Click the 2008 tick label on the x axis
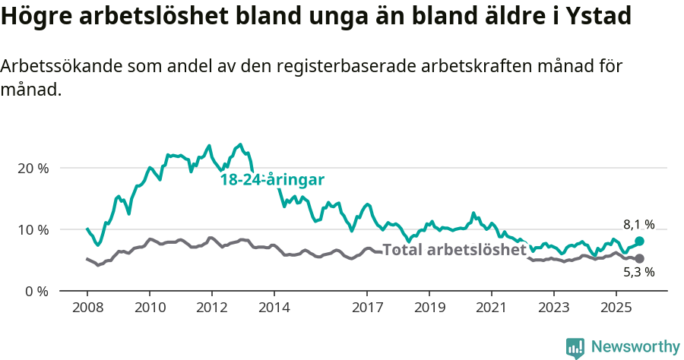pos(87,308)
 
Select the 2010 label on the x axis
pos(149,308)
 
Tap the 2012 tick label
pos(211,308)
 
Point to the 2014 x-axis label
pos(274,308)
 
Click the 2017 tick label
pos(367,308)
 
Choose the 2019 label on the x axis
pos(429,308)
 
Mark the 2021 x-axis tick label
pos(491,308)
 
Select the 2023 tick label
pos(553,308)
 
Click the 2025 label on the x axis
pos(616,308)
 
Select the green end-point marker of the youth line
pos(639,241)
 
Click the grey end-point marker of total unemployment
pos(639,259)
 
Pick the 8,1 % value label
pos(638,224)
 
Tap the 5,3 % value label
pos(638,273)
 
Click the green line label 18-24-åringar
pos(272,180)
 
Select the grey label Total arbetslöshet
pos(454,250)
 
